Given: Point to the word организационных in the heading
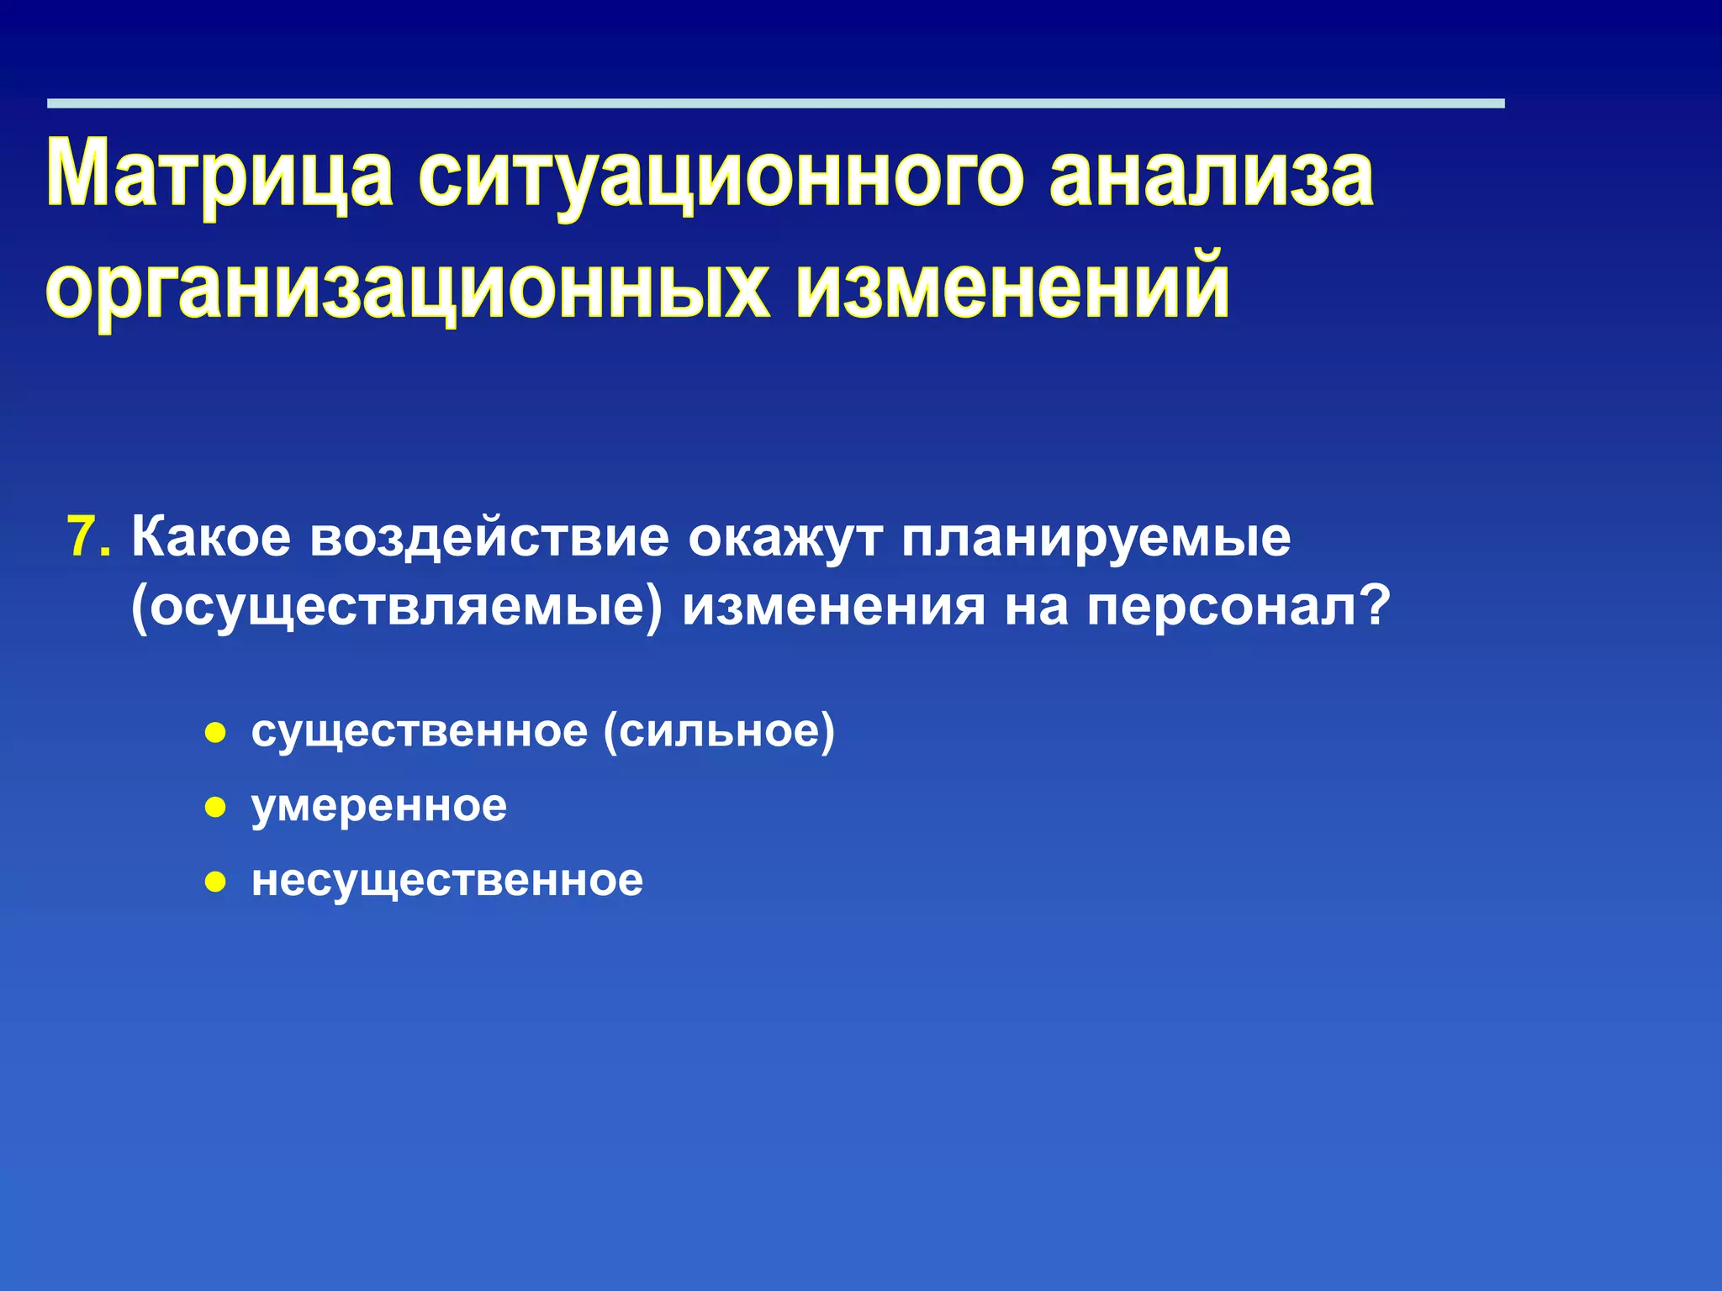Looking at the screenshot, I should point(407,287).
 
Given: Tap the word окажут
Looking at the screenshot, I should point(785,537).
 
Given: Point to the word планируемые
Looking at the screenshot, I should point(1096,539).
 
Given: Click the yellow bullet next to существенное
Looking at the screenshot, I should point(216,733).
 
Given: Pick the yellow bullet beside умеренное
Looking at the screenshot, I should point(216,808).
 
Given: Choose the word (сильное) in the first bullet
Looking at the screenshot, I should point(720,730).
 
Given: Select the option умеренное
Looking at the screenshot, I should point(379,807).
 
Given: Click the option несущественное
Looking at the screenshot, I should point(447,881).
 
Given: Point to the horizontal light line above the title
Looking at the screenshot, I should point(775,103).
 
